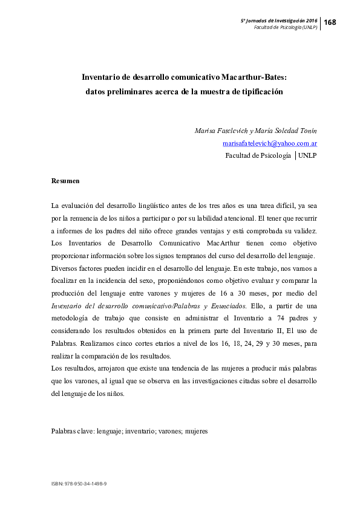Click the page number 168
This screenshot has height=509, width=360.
coord(330,22)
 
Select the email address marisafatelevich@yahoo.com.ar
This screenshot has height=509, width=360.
coord(270,143)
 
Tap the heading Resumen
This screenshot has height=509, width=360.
coord(65,181)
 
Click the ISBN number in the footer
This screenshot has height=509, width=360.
coord(79,484)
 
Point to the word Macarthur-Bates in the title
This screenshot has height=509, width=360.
coord(254,77)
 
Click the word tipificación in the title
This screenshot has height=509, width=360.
coord(258,92)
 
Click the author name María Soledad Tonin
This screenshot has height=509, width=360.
coord(287,131)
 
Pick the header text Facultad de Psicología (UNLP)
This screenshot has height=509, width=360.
coord(286,28)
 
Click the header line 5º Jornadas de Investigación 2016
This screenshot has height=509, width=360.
coord(279,20)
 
